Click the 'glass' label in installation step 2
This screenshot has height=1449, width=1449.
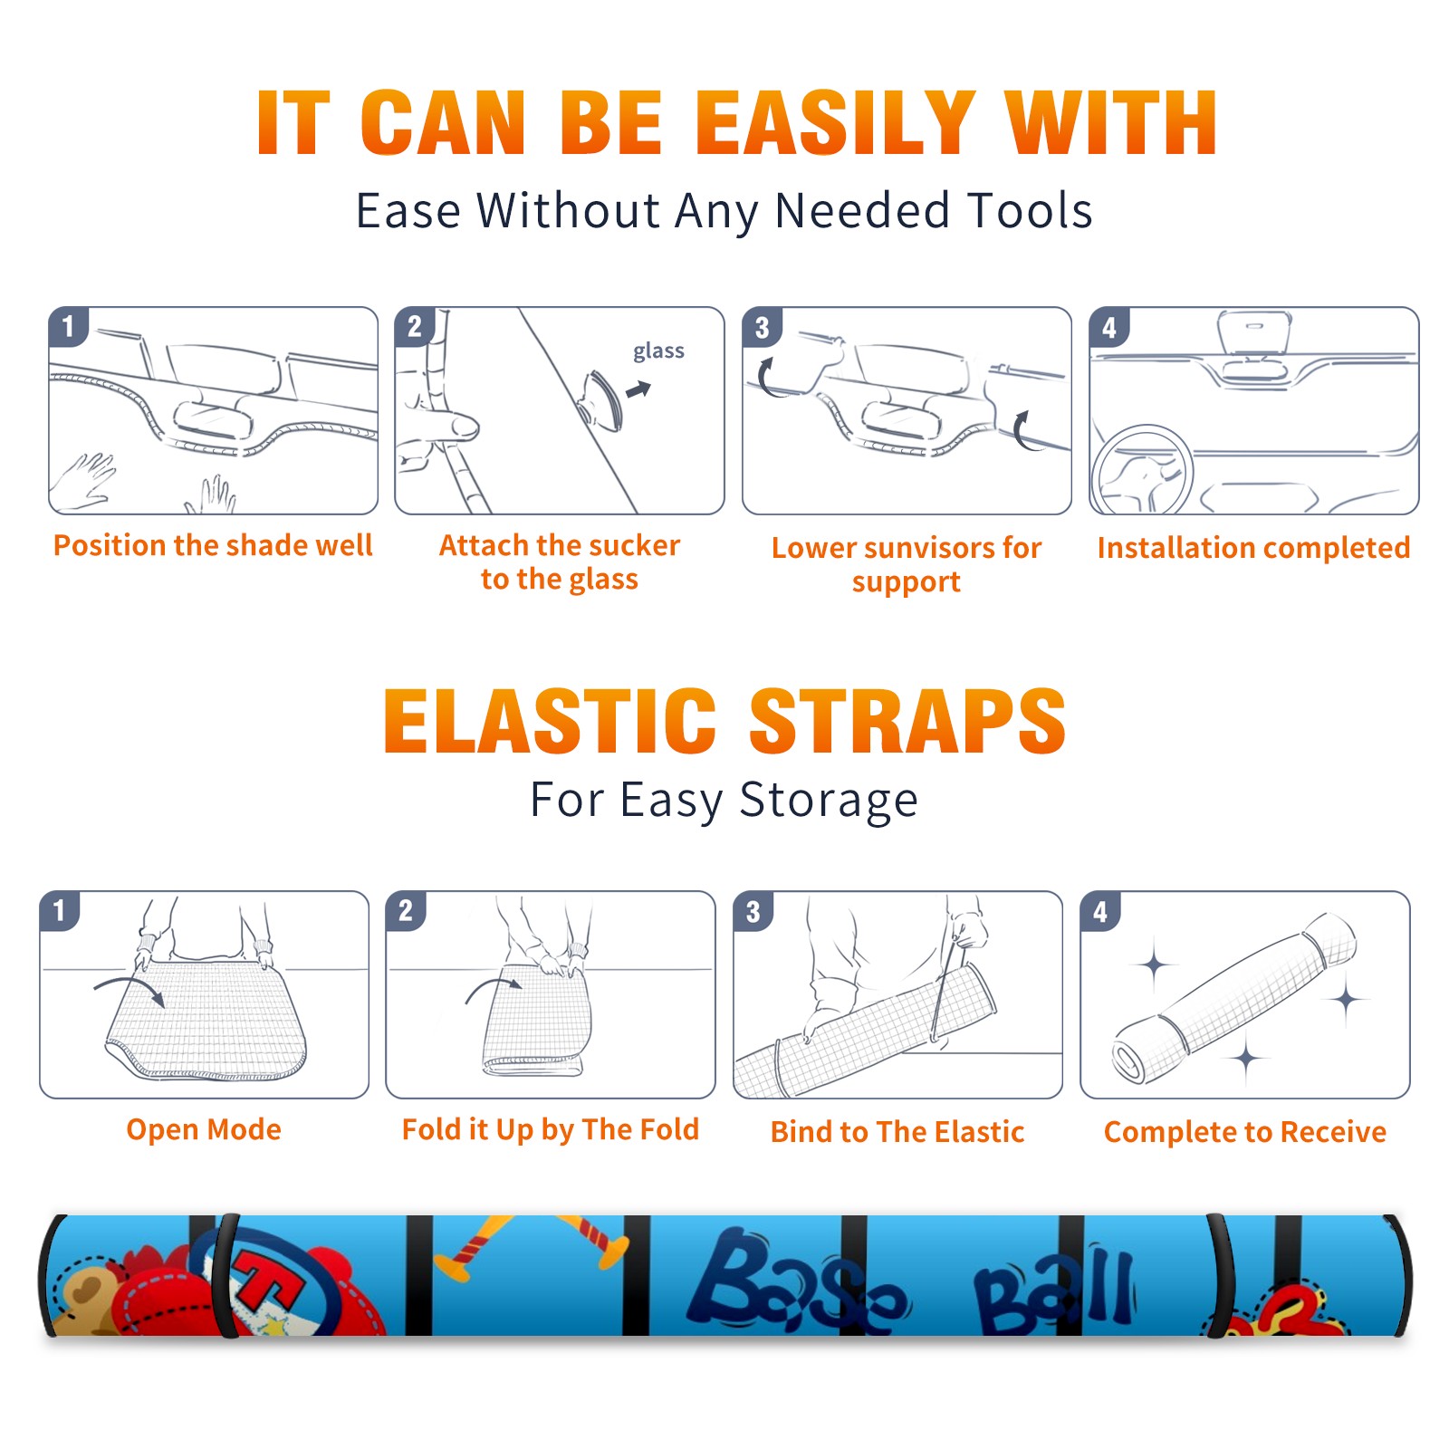658,351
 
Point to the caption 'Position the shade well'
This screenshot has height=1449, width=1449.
213,545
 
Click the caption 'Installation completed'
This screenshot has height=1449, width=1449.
1253,547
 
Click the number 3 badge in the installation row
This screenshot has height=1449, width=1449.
762,327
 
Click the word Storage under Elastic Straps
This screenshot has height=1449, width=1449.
829,801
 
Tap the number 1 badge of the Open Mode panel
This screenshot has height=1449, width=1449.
60,910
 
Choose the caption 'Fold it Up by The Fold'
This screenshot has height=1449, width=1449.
550,1129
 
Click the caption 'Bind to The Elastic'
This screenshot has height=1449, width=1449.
897,1132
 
